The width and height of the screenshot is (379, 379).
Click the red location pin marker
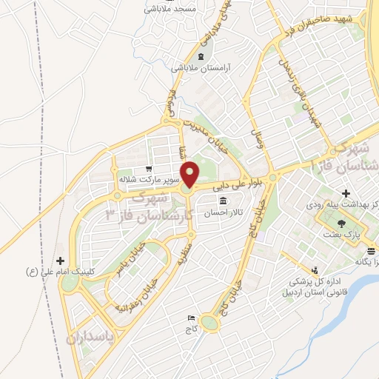click(190, 174)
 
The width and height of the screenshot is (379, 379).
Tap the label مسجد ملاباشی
click(170, 9)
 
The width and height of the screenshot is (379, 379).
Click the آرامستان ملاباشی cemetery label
click(203, 67)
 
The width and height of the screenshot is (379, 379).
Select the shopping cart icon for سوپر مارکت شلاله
click(149, 169)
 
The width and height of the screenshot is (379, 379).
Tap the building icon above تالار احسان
click(223, 201)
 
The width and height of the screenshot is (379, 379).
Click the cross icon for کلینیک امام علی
click(60, 261)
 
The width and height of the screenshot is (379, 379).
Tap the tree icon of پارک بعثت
click(341, 223)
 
